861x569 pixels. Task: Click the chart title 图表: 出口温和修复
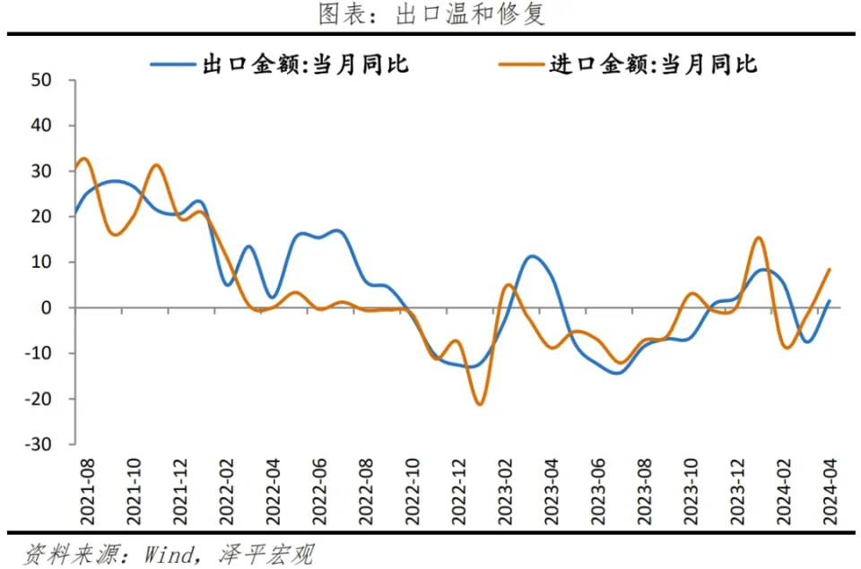pos(431,13)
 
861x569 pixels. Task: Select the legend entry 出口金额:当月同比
pos(280,65)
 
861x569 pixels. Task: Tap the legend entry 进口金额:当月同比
pos(628,65)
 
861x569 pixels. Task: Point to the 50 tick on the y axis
pos(42,80)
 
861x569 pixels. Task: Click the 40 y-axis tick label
pos(42,125)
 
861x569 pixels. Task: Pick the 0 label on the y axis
pos(47,308)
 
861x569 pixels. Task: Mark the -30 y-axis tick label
pos(39,444)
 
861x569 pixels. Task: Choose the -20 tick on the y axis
pos(39,399)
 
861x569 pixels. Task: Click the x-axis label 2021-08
pos(88,492)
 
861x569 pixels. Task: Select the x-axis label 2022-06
pos(319,492)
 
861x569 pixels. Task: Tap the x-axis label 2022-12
pos(459,492)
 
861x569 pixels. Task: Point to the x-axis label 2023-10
pos(691,492)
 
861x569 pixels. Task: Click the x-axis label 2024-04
pos(831,492)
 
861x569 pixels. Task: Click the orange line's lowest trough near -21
pos(480,404)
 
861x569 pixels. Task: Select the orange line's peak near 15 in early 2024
pos(759,237)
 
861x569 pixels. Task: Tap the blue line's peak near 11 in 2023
pos(532,256)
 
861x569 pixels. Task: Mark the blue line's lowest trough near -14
pos(617,373)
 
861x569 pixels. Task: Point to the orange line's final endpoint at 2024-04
pos(829,270)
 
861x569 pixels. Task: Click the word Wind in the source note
pos(170,555)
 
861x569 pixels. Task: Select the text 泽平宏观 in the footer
pos(267,555)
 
